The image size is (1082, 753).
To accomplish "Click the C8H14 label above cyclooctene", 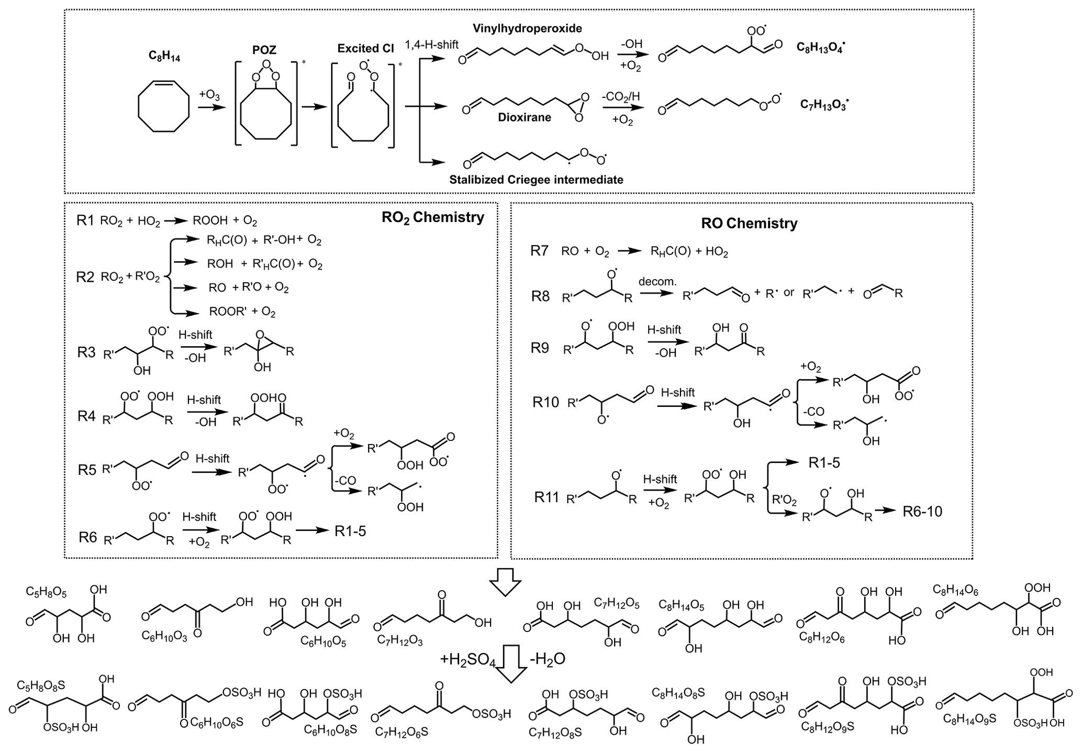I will [164, 57].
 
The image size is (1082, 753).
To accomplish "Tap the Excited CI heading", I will [365, 49].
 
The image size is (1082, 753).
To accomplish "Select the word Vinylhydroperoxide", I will [527, 28].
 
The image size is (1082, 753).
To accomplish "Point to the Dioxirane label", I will [525, 117].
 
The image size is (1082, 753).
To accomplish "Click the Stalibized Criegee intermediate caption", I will [536, 180].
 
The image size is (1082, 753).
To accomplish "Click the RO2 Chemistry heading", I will [432, 217].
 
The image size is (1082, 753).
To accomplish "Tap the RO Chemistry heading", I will [749, 223].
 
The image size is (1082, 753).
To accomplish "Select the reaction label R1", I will [86, 220].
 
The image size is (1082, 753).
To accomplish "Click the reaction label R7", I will [539, 251].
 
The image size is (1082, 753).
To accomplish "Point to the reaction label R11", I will [547, 497].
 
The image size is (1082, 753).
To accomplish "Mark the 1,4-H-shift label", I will [432, 45].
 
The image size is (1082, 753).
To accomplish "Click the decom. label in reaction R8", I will [657, 281].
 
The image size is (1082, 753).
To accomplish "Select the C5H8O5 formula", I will [46, 592].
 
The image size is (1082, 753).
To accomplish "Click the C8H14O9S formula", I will [969, 718].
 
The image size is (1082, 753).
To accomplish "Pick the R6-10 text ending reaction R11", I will [922, 511].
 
